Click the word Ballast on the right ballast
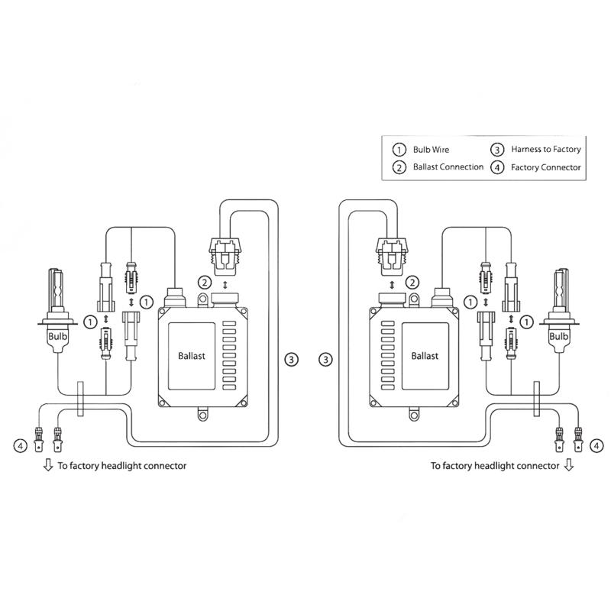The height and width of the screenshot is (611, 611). (x=425, y=356)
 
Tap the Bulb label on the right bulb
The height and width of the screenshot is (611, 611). (x=558, y=336)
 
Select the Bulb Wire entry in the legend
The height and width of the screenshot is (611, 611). (x=430, y=150)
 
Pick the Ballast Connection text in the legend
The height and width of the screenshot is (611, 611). (x=448, y=167)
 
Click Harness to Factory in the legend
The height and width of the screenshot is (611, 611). (x=546, y=150)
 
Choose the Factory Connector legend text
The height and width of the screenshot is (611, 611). (x=546, y=167)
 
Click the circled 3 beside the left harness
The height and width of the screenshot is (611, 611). (x=290, y=358)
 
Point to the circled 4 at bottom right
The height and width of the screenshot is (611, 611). (x=594, y=443)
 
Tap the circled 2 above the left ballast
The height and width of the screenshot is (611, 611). (x=204, y=283)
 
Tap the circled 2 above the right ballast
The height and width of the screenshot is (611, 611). (x=413, y=283)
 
